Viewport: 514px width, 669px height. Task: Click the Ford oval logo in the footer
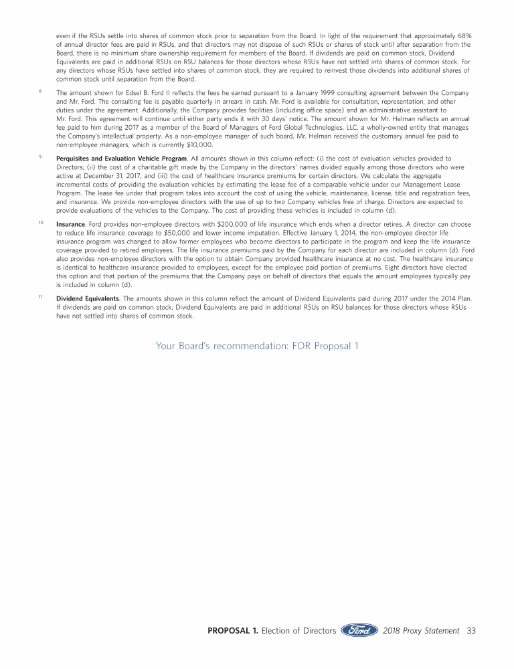[359, 630]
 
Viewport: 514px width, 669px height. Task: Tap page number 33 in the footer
[470, 630]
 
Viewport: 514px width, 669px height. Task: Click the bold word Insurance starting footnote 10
[70, 225]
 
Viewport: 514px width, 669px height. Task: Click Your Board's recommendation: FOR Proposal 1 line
[257, 345]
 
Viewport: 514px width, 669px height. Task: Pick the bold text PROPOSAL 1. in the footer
[232, 631]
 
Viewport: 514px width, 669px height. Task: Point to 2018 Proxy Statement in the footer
[421, 631]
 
